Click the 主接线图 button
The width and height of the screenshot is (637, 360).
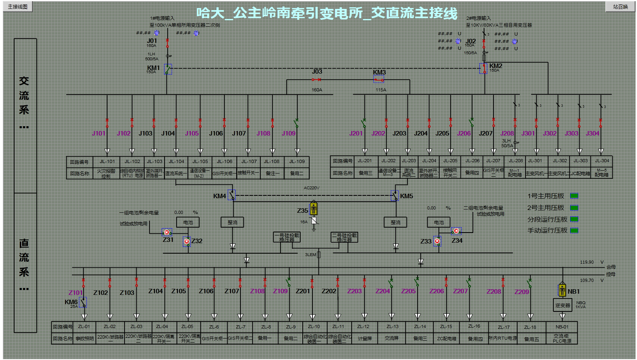[18, 6]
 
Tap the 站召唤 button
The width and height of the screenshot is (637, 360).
[620, 6]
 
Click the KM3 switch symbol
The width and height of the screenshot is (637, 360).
[379, 79]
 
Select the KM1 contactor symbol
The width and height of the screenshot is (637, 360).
[168, 69]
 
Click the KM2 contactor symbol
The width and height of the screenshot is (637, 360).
[483, 68]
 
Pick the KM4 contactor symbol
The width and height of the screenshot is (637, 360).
[232, 195]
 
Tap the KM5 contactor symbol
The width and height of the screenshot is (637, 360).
[394, 196]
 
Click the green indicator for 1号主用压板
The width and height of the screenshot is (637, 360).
[574, 196]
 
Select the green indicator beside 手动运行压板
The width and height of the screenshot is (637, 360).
[574, 231]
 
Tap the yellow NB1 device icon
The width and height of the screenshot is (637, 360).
[562, 290]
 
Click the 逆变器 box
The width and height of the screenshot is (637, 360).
[562, 305]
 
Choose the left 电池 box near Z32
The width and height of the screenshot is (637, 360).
[188, 222]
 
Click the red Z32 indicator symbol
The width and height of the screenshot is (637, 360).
[187, 241]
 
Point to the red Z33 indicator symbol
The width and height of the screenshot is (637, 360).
[437, 241]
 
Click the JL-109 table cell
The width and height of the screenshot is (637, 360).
[297, 161]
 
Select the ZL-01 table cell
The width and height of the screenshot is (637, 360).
[84, 326]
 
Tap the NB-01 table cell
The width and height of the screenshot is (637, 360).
[562, 327]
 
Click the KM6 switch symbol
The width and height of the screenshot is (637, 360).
[83, 302]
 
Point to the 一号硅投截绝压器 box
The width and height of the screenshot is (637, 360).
[287, 237]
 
